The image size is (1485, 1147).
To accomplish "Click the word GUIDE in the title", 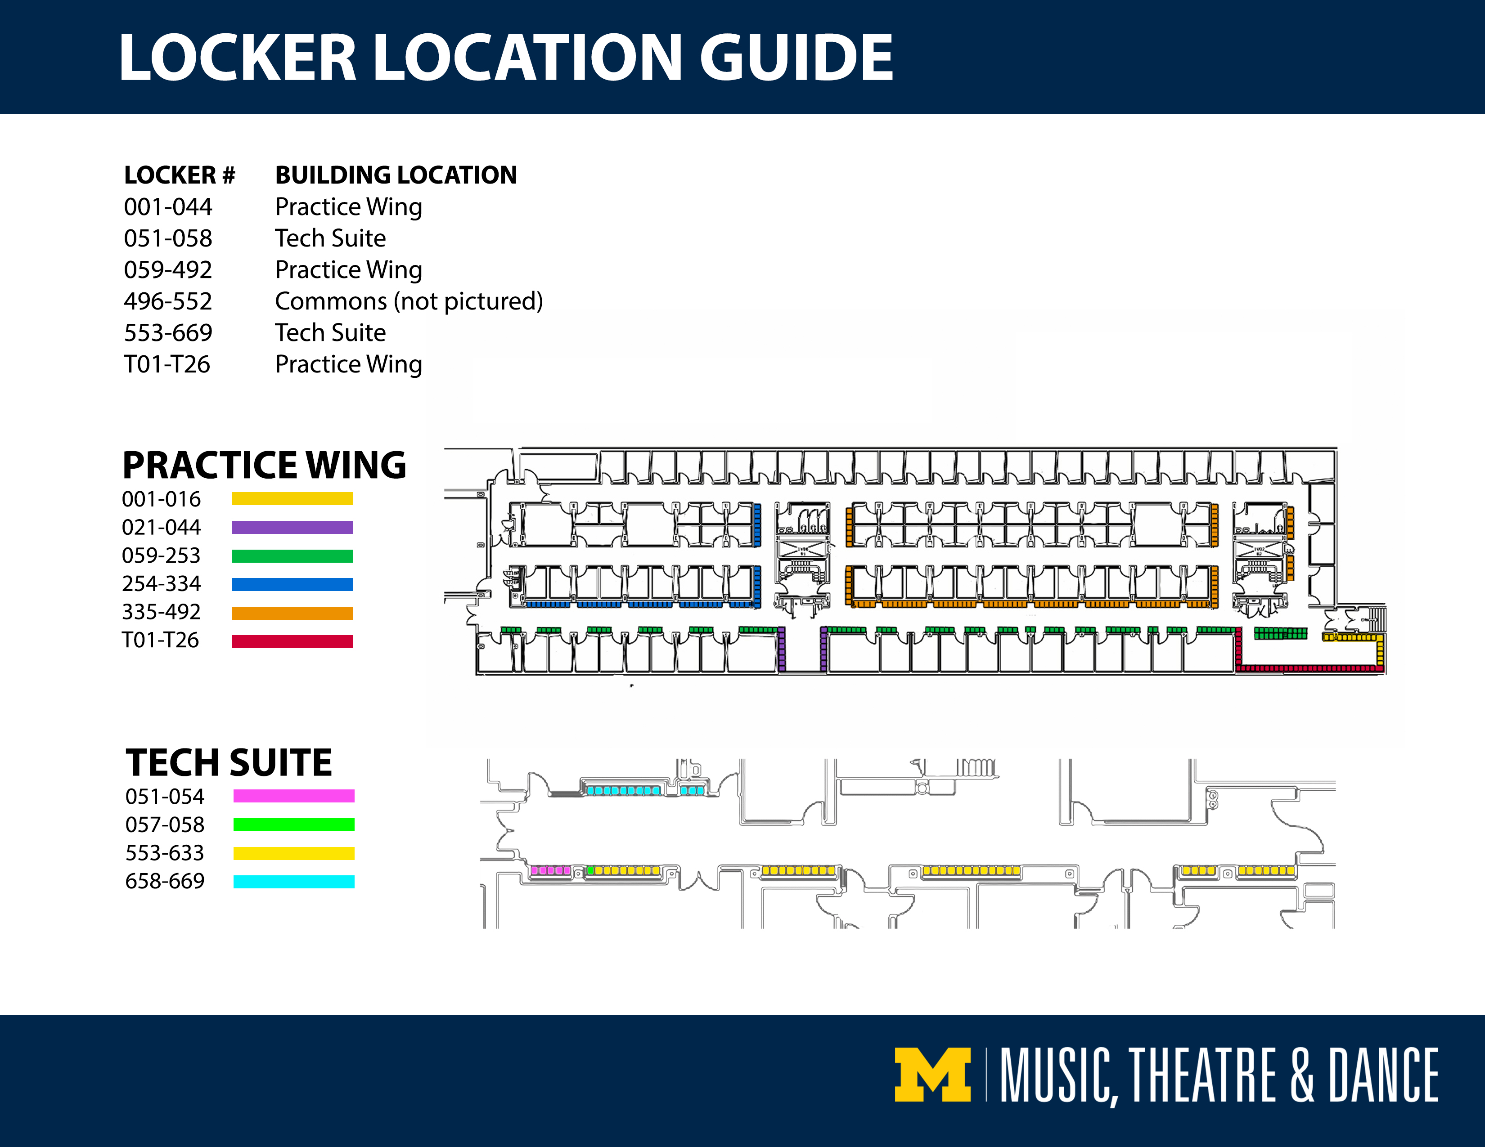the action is [x=796, y=58].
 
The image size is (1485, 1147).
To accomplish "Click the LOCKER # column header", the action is [x=180, y=175].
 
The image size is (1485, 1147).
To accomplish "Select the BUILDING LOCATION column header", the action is [x=396, y=175].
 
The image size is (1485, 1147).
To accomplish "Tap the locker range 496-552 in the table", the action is [x=168, y=301].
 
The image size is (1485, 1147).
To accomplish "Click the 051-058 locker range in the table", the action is [x=168, y=238].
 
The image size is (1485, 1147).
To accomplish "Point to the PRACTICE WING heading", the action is [x=264, y=466].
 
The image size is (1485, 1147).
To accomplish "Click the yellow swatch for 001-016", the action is [x=292, y=499].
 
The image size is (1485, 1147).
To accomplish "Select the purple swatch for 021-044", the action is [x=292, y=527].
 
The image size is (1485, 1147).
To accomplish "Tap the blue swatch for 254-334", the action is [x=292, y=584].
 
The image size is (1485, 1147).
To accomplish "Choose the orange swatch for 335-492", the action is [x=292, y=613].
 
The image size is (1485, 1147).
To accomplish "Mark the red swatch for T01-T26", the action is [x=292, y=641].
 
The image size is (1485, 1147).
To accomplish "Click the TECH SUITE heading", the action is [x=229, y=762].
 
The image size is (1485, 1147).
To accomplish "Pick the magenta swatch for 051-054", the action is [x=294, y=796].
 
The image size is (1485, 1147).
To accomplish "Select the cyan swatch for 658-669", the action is [x=294, y=881].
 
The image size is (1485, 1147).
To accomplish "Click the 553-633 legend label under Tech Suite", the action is [x=165, y=853].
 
